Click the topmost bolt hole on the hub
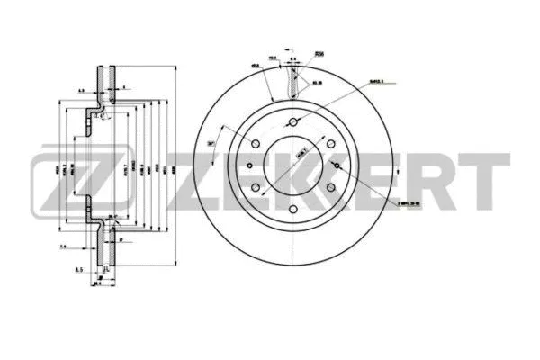tap(293, 123)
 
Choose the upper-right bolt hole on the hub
tap(329, 144)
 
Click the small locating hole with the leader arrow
tap(336, 166)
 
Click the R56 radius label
tap(319, 54)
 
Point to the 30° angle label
tap(211, 143)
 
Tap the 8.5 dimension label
tap(79, 269)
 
